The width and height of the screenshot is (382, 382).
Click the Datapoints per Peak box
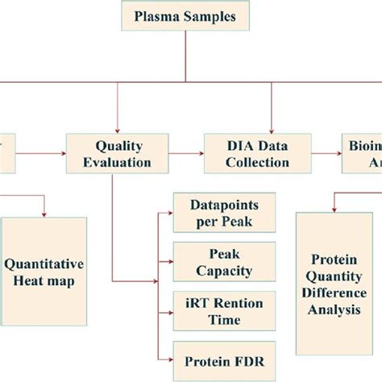click(224, 213)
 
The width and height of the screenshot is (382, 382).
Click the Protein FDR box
click(223, 357)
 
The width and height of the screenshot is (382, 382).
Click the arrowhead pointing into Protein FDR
click(171, 357)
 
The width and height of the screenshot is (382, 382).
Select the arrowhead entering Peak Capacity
click(171, 264)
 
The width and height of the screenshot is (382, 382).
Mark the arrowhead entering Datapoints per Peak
click(171, 213)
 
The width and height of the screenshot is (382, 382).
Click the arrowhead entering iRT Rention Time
click(171, 312)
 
